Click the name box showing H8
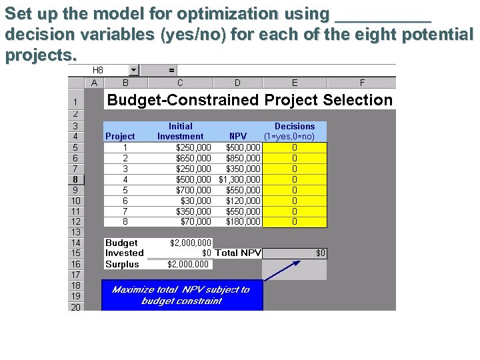[x=107, y=69]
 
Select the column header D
[x=237, y=83]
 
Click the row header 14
[x=77, y=243]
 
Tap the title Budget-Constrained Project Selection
[x=250, y=100]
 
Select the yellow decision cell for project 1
[x=295, y=147]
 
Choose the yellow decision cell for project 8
[x=295, y=222]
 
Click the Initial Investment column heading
[x=180, y=131]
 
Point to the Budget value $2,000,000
[x=191, y=243]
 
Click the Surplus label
[x=122, y=265]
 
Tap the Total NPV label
[x=238, y=253]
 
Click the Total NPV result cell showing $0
[x=295, y=253]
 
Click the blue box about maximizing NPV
[x=181, y=295]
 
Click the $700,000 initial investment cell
[x=193, y=190]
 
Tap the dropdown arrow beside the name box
[x=134, y=69]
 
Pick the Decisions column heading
[x=295, y=126]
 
